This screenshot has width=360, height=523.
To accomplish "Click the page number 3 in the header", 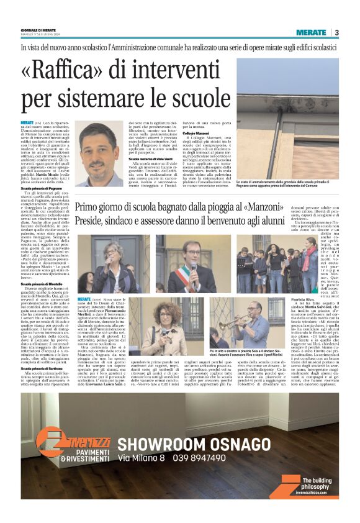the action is (336, 32).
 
